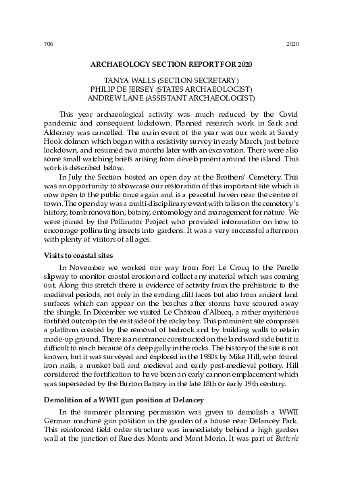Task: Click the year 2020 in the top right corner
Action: [x=292, y=45]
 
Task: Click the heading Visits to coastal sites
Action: [x=77, y=256]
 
